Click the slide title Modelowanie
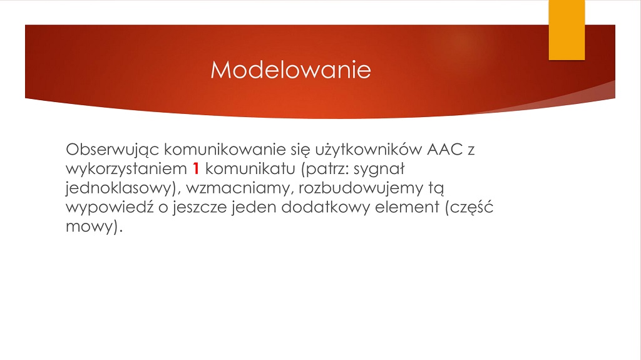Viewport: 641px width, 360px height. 290,69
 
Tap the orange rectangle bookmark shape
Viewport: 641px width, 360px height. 567,30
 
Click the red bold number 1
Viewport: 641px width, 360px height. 196,168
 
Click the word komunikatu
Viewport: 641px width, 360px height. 250,168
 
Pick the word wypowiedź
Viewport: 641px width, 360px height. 110,207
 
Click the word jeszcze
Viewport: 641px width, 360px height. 200,207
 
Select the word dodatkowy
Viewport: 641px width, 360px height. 326,207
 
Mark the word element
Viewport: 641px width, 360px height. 407,207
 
